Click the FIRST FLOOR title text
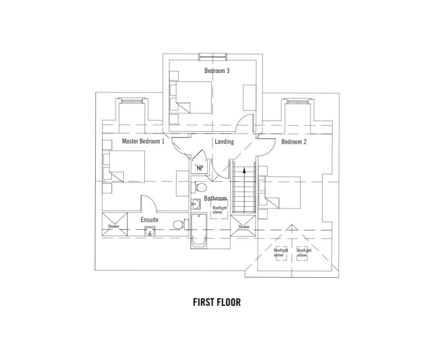(217, 302)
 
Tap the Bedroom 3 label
(217, 71)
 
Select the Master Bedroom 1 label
(143, 141)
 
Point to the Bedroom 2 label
(294, 142)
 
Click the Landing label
(224, 141)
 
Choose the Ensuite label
(149, 220)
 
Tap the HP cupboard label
(200, 168)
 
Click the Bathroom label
(216, 198)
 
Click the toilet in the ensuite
(179, 224)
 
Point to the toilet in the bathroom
(199, 187)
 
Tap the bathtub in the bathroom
(199, 232)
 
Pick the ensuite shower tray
(114, 224)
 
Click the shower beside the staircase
(244, 225)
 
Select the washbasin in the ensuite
(149, 232)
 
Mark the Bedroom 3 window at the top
(213, 56)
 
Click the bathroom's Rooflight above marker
(220, 210)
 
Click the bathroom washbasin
(196, 205)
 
